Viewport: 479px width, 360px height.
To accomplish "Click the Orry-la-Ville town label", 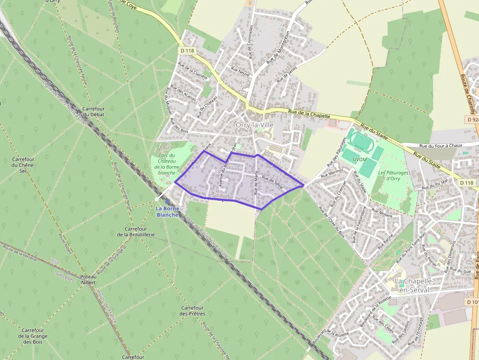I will (254, 125).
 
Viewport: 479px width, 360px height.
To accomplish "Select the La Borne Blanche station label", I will (167, 212).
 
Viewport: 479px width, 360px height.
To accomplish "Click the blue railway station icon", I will (168, 201).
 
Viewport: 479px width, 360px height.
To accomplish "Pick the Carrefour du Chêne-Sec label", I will (25, 165).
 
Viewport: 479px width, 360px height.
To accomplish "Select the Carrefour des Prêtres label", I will (192, 311).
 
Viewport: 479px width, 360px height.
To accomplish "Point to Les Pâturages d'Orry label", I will (390, 175).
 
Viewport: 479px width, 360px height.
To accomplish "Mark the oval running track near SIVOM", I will (361, 141).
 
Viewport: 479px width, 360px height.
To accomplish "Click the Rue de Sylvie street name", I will (272, 182).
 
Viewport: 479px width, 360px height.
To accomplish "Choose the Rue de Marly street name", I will (256, 187).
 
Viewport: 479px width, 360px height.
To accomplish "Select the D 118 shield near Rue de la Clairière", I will (187, 50).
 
